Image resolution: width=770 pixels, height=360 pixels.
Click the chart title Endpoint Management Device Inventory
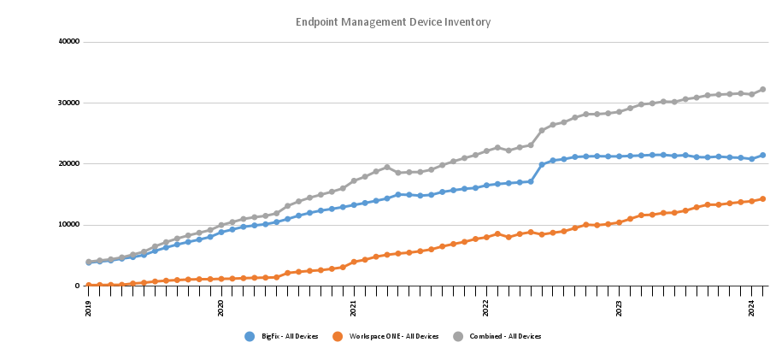point(392,21)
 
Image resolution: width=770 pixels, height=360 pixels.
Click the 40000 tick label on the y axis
point(69,42)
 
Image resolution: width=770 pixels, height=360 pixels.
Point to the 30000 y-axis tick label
point(69,103)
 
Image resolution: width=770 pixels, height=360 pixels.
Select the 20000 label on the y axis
point(69,164)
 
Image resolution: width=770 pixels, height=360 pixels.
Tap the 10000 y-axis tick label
point(69,225)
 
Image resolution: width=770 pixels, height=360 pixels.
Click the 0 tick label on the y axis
point(77,286)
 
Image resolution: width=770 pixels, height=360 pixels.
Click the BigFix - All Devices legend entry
point(283,337)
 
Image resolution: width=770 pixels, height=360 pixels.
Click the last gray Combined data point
point(762,89)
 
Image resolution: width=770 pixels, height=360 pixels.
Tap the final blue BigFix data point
point(762,156)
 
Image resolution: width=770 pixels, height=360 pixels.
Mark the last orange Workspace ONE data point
point(762,198)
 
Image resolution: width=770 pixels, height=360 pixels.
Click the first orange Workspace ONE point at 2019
point(89,286)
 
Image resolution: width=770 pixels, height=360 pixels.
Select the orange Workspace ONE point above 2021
point(354,262)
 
